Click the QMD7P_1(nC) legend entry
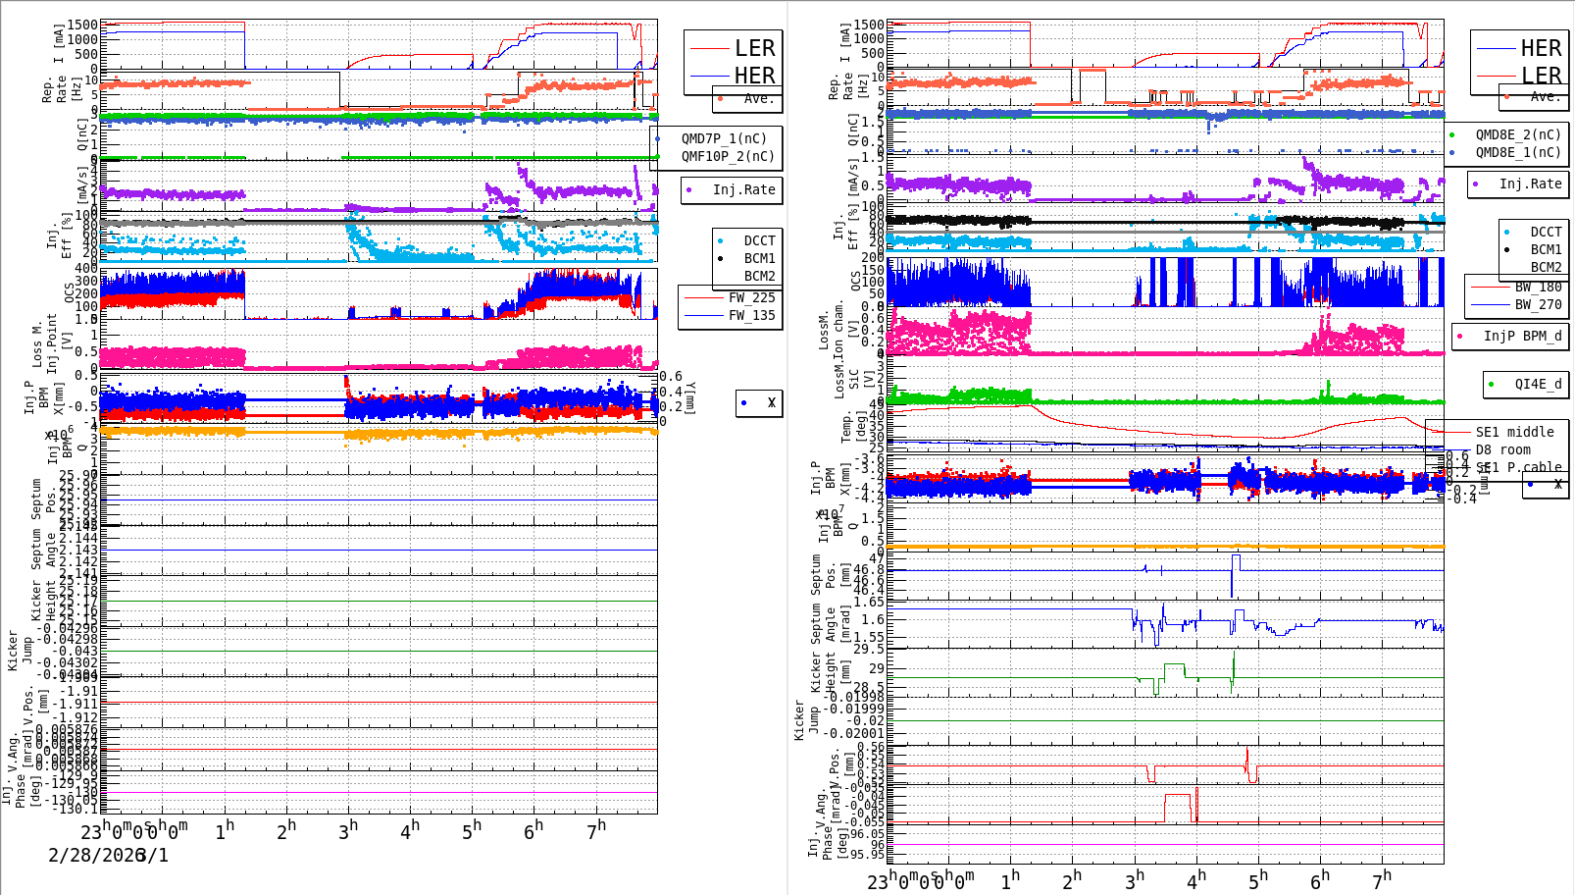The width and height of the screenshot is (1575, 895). tap(724, 138)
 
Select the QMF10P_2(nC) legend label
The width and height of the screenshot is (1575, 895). tap(727, 156)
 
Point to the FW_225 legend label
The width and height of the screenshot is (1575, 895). tap(750, 297)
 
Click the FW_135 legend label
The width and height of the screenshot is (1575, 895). tap(750, 315)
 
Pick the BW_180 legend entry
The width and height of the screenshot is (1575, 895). tap(1538, 287)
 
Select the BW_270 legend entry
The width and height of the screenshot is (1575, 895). tap(1538, 304)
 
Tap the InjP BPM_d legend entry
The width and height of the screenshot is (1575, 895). tap(1522, 336)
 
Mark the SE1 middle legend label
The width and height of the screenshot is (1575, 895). tap(1514, 432)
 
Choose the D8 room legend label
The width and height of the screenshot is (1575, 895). tap(1502, 449)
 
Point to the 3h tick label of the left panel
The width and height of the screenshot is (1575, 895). tap(348, 830)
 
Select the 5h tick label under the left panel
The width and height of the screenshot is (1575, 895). tap(473, 830)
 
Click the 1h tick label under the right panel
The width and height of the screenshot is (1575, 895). tap(1010, 879)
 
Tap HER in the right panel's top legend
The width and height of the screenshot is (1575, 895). tap(1540, 48)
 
